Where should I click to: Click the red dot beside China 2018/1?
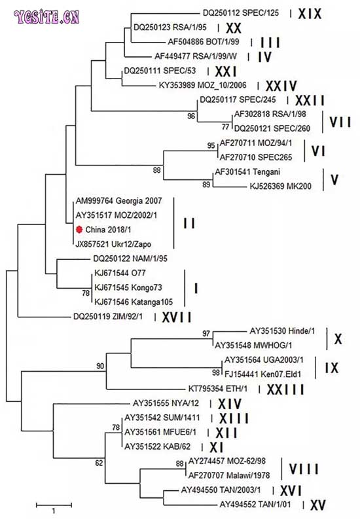[x=79, y=229]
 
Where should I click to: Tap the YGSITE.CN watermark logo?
[x=46, y=17]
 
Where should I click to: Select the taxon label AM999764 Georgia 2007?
[x=118, y=201]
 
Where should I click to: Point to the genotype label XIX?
[x=310, y=14]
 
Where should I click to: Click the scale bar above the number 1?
[x=54, y=505]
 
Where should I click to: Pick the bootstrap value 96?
[x=191, y=116]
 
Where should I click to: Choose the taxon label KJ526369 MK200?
[x=281, y=187]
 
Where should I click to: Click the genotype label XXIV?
[x=281, y=86]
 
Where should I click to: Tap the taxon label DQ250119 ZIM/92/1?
[x=108, y=317]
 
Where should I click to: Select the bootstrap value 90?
[x=100, y=366]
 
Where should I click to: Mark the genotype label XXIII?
[x=285, y=389]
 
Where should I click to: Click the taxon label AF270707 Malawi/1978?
[x=229, y=475]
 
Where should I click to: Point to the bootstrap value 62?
[x=99, y=463]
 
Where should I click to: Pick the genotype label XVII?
[x=177, y=317]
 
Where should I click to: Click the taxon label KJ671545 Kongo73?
[x=128, y=287]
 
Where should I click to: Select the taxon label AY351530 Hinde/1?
[x=282, y=331]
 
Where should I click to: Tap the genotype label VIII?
[x=304, y=469]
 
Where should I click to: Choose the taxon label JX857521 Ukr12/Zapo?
[x=113, y=244]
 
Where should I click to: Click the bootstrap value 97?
[x=206, y=333]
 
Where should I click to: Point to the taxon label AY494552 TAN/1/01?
[x=255, y=505]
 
